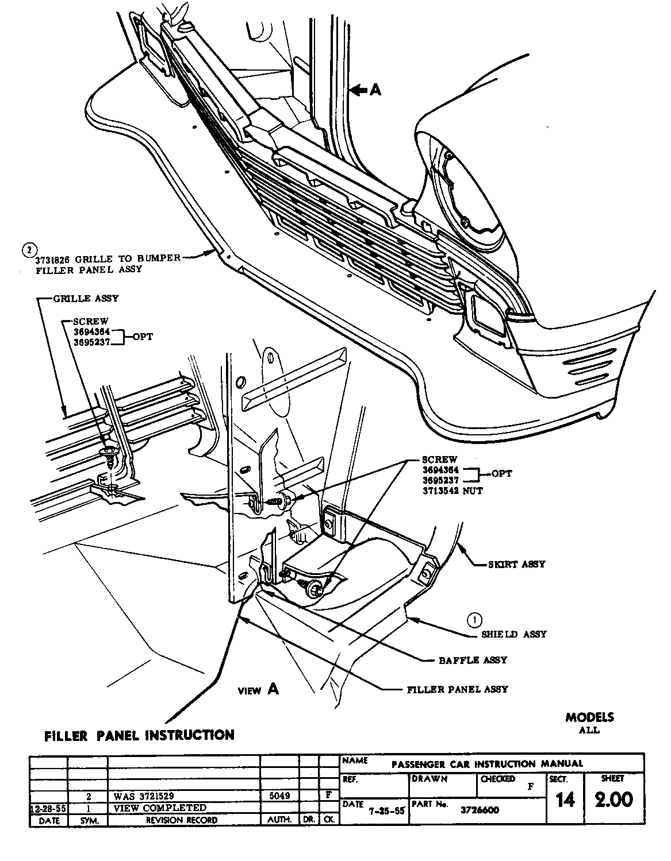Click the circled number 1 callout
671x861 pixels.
coord(474,620)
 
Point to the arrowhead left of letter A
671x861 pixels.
coord(356,90)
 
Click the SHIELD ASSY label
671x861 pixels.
coord(514,634)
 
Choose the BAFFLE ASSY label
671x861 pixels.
coord(473,660)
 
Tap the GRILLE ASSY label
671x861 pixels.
coord(86,299)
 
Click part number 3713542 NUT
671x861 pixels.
coord(453,491)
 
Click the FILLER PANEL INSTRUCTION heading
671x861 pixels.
coord(140,735)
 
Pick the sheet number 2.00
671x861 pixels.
coord(614,800)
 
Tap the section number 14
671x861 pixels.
coord(565,800)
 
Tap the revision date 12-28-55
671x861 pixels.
coord(48,809)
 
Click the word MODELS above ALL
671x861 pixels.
coord(589,717)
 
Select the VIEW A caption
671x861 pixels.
coord(259,690)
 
